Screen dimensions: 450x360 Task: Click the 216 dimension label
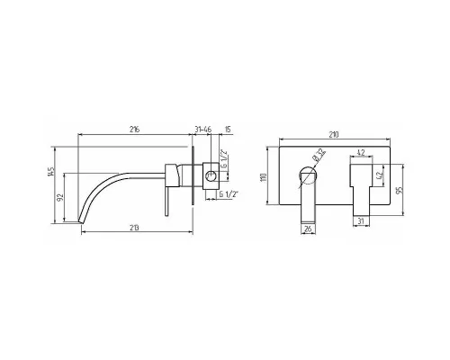pos(135,130)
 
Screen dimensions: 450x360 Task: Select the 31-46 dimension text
pos(203,130)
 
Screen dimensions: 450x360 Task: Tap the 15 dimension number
pos(228,130)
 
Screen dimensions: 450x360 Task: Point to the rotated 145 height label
pos(51,171)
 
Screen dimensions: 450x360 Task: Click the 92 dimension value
pos(60,197)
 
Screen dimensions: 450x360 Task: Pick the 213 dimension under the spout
pos(135,228)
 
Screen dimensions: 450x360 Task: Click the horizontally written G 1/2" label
pos(229,194)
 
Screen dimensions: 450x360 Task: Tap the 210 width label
pos(333,134)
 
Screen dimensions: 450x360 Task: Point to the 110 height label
pos(264,177)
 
